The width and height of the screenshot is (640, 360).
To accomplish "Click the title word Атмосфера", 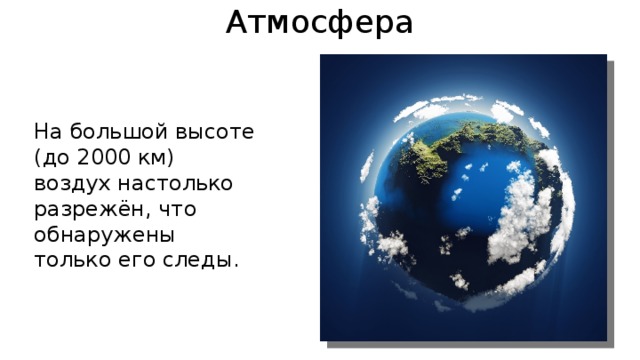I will pos(319,21).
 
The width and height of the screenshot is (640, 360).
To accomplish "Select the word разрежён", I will pos(81,210).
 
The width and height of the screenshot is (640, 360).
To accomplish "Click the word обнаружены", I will pos(104,236).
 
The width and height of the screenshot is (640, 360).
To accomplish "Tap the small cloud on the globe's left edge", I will pos(385,240).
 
